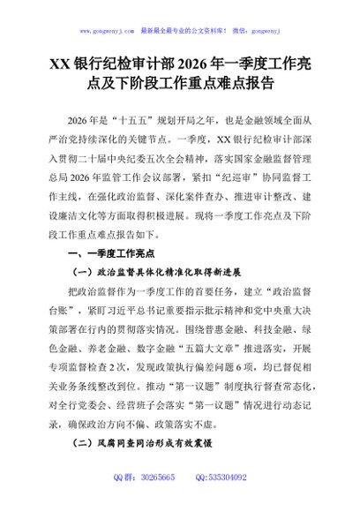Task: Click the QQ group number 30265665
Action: coord(156,501)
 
